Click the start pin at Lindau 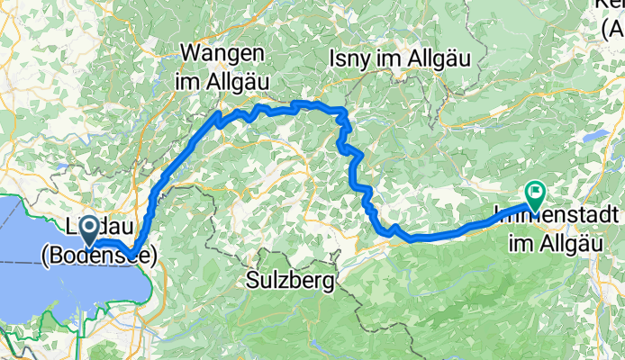(x=91, y=229)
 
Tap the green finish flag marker (x=536, y=192)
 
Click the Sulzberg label (x=289, y=281)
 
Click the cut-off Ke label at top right (x=612, y=7)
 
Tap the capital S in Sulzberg (x=253, y=281)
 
